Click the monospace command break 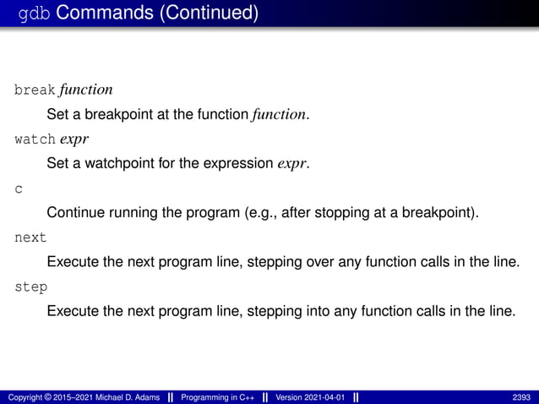(35, 90)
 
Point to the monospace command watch (35, 138)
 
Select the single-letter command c (19, 188)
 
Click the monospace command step (31, 287)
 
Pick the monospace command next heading (31, 237)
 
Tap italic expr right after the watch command (74, 138)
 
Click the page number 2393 (522, 397)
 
